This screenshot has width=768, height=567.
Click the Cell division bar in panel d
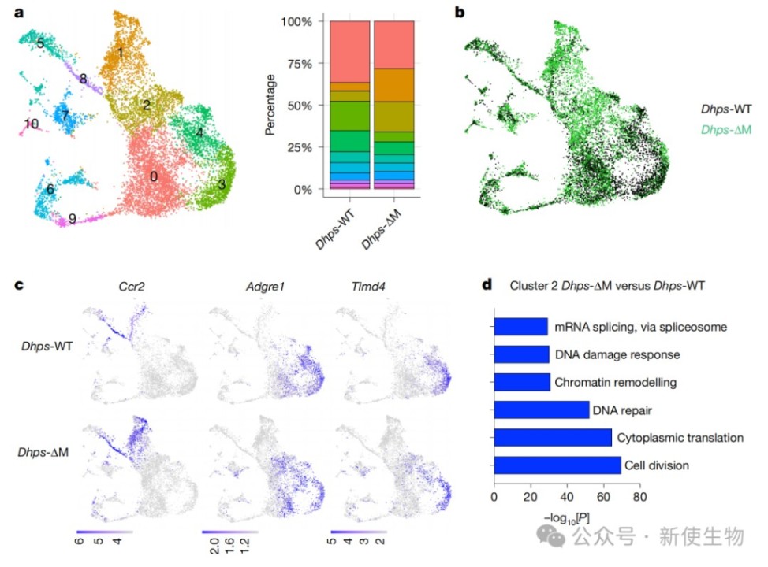557,465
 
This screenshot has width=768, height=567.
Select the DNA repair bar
541,409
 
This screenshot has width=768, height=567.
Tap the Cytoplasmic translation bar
552,437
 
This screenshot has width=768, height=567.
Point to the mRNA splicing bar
520,326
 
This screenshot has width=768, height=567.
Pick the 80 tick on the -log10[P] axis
639,498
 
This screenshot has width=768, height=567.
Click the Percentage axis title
270,104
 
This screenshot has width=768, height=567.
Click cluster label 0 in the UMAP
155,176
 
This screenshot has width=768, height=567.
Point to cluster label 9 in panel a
72,219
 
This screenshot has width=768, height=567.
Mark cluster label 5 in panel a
39,43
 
